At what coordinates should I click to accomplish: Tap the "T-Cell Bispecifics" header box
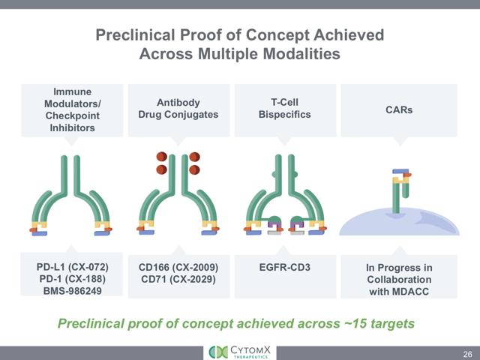pyautogui.click(x=285, y=109)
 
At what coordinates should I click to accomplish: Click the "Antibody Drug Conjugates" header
pyautogui.click(x=177, y=109)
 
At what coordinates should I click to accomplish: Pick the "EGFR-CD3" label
pyautogui.click(x=285, y=266)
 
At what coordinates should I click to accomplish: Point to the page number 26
pyautogui.click(x=466, y=352)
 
